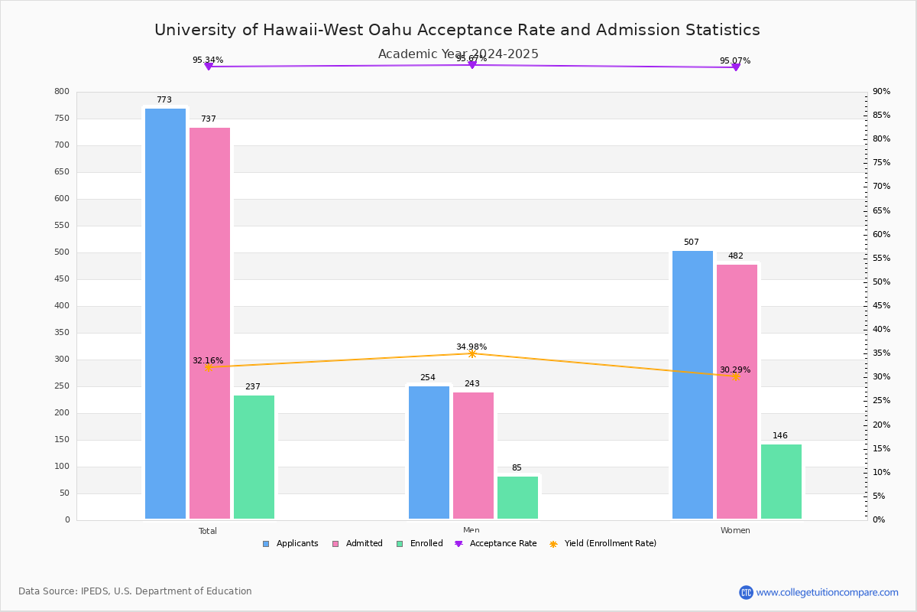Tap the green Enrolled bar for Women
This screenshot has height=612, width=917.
coord(781,481)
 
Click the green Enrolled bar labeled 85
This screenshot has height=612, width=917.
coord(517,497)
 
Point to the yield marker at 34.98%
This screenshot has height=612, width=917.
coord(472,353)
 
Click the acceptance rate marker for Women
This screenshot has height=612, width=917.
coord(735,67)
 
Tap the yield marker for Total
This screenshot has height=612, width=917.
coord(208,367)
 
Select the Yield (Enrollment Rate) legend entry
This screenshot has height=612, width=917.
coord(603,544)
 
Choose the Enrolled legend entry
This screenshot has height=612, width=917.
coord(420,544)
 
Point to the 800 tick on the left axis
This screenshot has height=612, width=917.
coord(62,92)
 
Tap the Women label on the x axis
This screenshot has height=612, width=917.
coord(735,531)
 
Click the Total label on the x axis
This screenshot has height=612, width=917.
coord(208,531)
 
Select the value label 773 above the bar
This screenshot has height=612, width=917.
coord(164,100)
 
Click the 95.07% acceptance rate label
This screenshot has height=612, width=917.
coord(735,60)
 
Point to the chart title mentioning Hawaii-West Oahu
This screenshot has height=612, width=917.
coord(457,30)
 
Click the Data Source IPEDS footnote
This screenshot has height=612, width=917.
coord(135,591)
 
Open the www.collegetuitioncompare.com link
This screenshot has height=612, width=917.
coord(827,592)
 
